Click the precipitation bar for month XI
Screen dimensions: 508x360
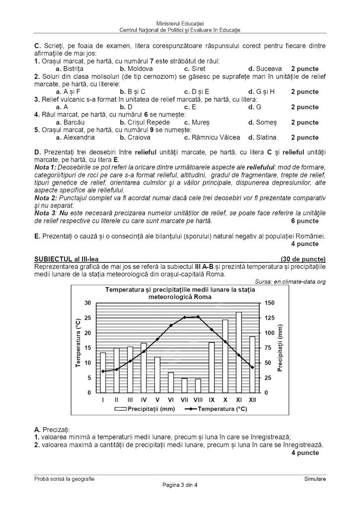click(x=239, y=352)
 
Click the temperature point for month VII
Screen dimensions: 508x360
click(x=185, y=317)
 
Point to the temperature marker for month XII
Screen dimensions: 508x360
click(x=252, y=368)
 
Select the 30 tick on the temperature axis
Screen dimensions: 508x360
click(x=88, y=303)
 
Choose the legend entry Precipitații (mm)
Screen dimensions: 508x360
click(x=145, y=409)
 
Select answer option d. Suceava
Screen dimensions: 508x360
click(x=265, y=68)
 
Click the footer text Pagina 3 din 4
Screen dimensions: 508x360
click(x=180, y=485)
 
